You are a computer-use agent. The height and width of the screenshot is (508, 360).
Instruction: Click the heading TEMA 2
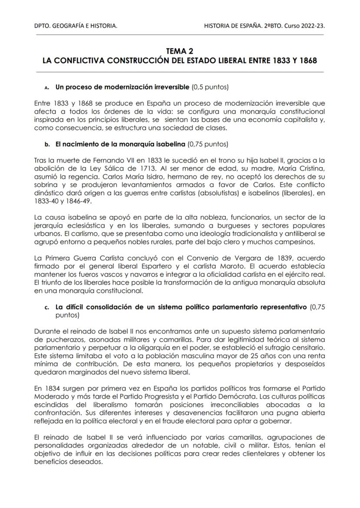tap(180, 51)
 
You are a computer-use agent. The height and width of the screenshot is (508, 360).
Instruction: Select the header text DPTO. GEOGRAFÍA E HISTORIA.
tap(75, 27)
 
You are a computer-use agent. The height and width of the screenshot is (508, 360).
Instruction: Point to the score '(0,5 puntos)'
tap(210, 87)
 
